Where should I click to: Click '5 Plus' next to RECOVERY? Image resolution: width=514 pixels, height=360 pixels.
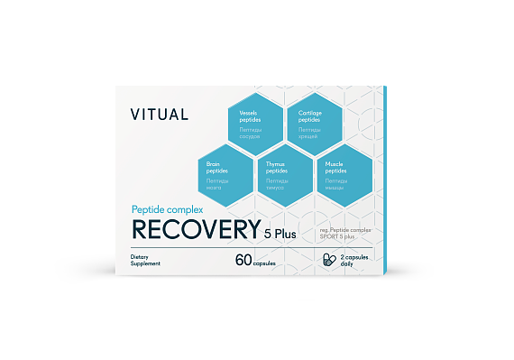(280, 235)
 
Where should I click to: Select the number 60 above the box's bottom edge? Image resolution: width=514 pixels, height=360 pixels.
(243, 261)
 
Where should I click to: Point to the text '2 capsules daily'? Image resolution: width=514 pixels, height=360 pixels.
(353, 260)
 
